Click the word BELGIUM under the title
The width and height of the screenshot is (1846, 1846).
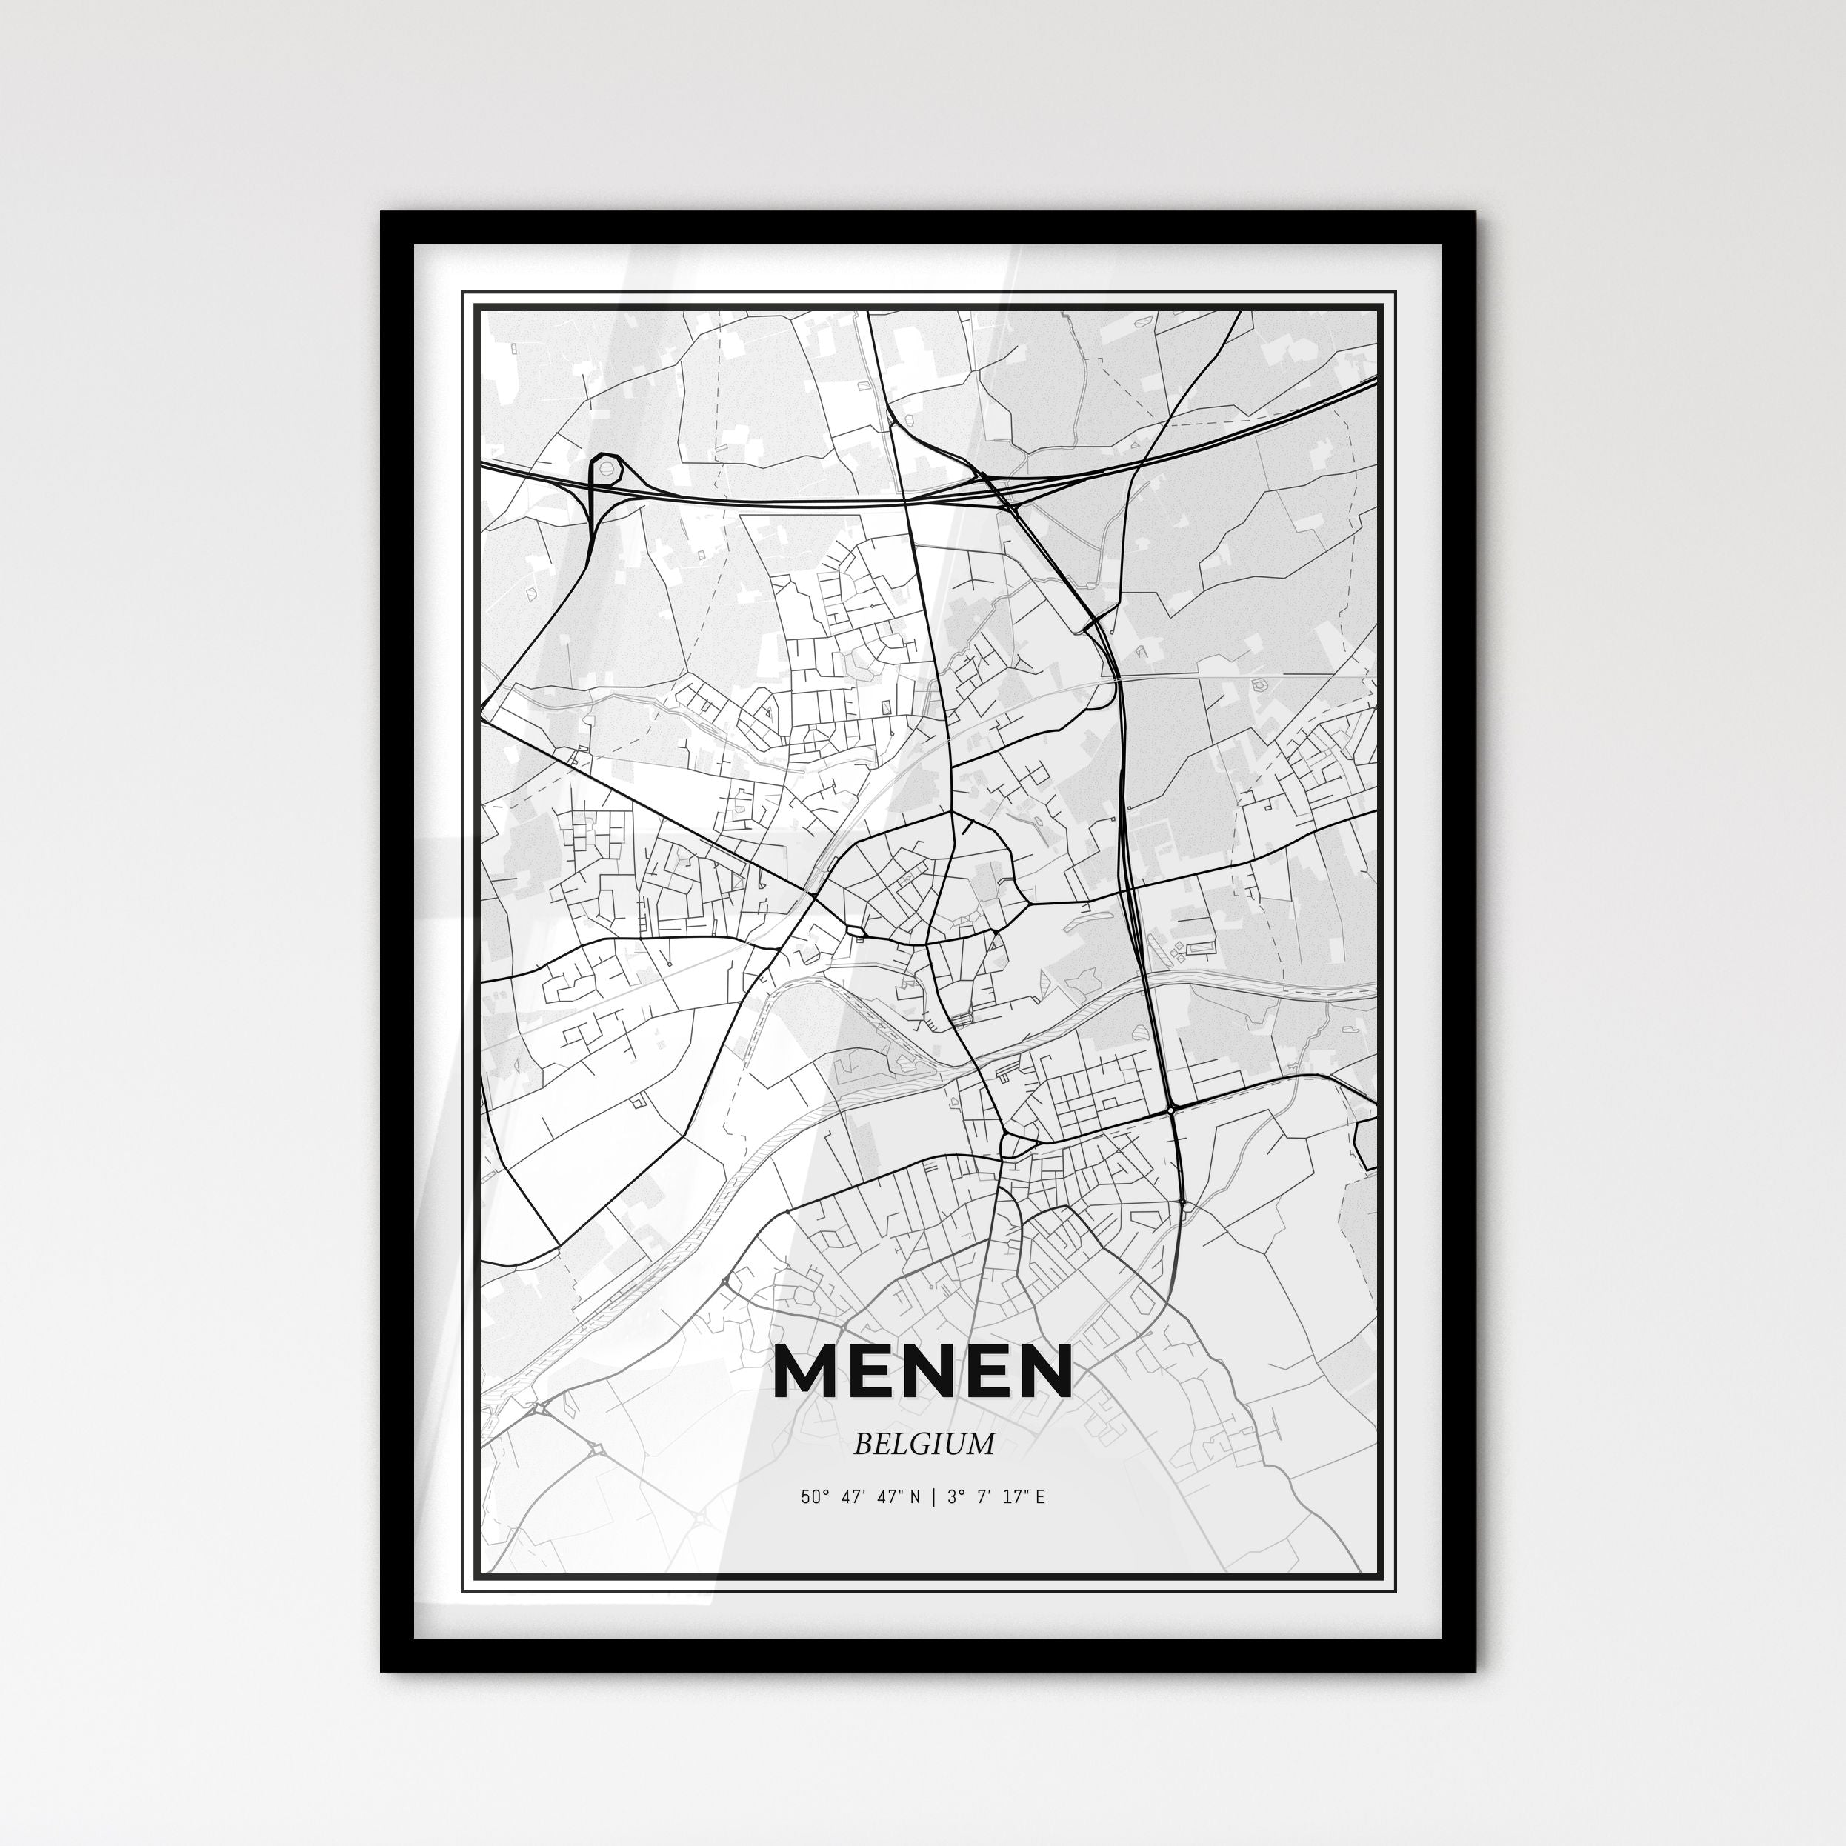click(923, 1444)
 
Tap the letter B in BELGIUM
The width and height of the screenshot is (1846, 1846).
click(862, 1444)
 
